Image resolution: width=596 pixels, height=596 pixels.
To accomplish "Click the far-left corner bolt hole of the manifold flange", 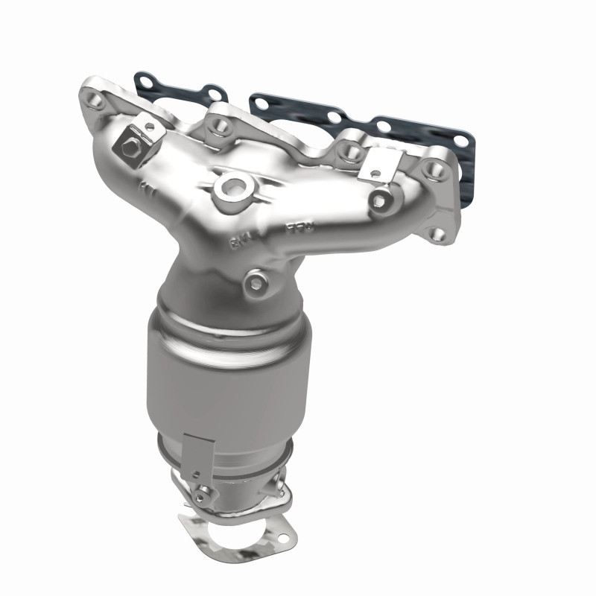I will coord(95,98).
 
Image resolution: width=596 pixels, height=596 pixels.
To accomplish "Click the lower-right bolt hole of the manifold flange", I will coord(437,234).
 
